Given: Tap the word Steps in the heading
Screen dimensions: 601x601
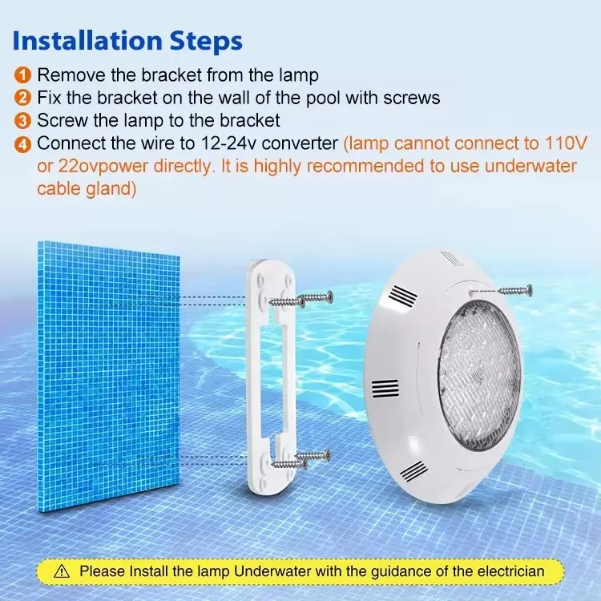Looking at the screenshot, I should click(x=206, y=41).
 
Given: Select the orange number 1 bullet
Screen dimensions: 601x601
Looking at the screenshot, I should click(x=23, y=75).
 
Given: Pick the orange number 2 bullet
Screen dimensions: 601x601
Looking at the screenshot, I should click(x=23, y=98).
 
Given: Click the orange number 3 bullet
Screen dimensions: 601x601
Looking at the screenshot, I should click(x=23, y=121).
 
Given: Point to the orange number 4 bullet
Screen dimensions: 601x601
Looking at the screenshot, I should click(x=23, y=144).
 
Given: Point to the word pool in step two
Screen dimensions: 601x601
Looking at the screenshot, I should click(x=312, y=98).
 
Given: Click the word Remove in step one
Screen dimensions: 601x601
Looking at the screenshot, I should click(x=69, y=75).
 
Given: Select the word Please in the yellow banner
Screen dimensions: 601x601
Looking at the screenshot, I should click(x=100, y=572).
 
